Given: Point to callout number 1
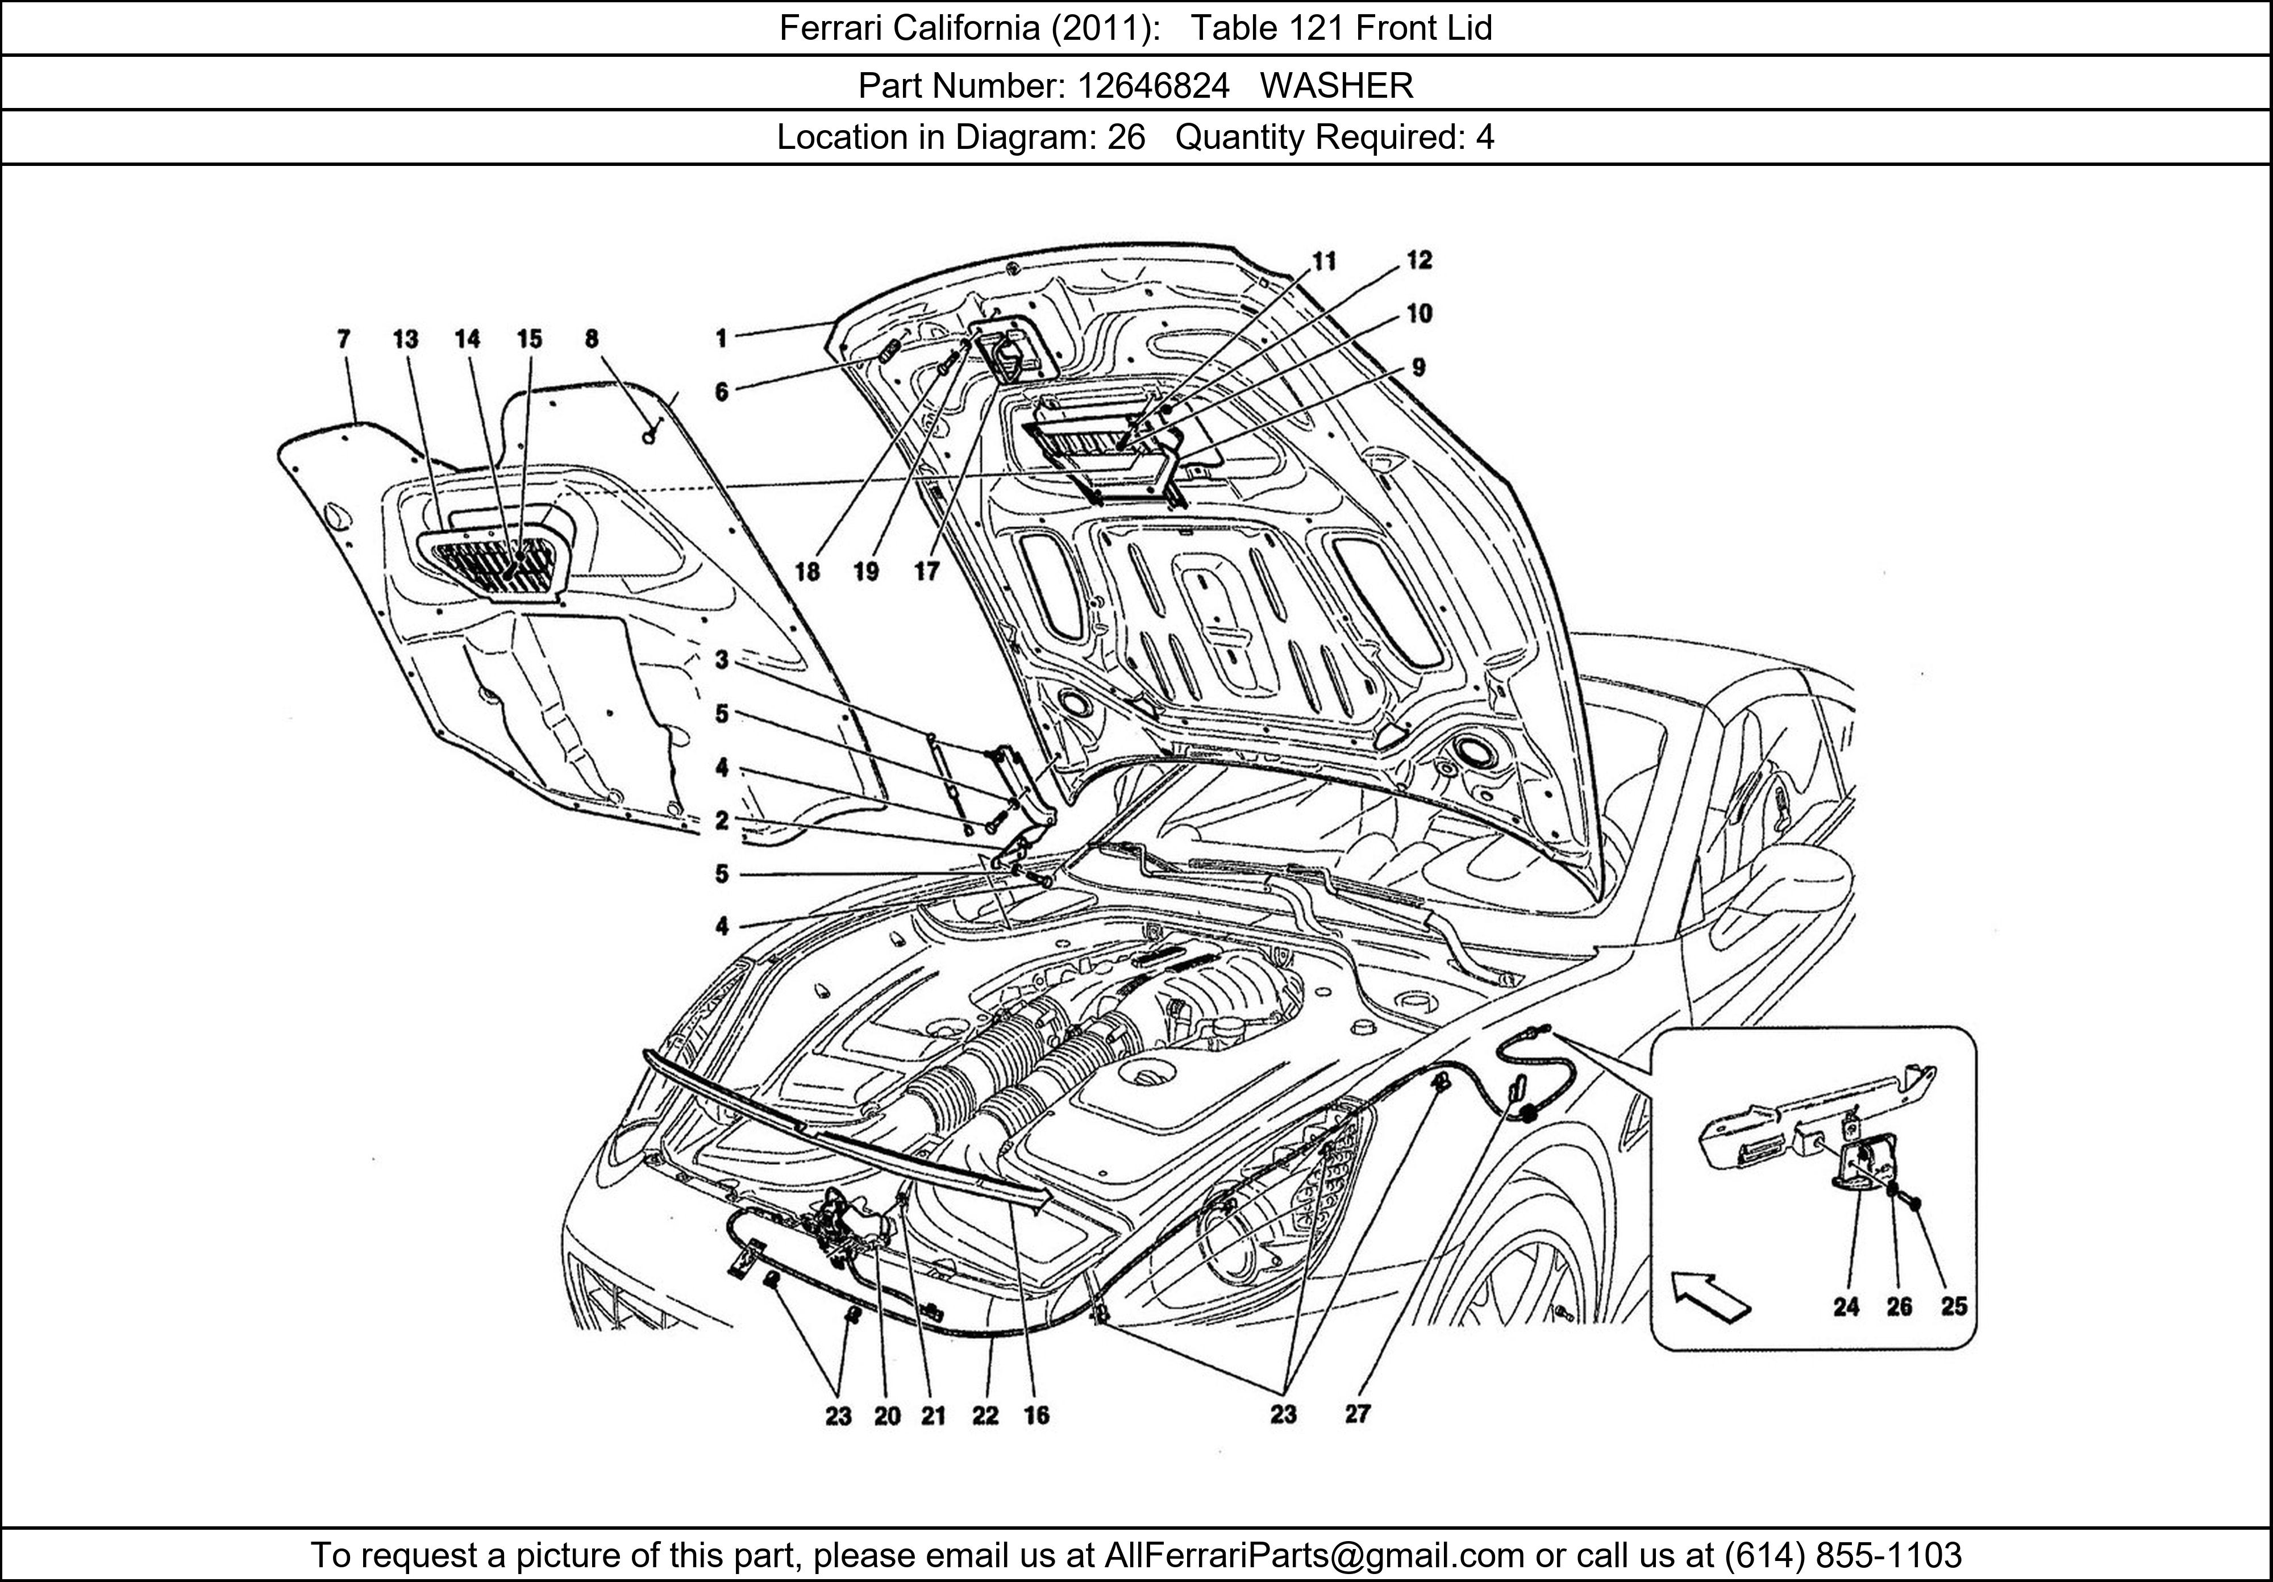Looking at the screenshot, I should pyautogui.click(x=722, y=339).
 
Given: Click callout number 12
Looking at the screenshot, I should pyautogui.click(x=1419, y=260).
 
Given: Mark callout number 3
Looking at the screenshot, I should pyautogui.click(x=722, y=659).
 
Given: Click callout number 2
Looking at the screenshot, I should pyautogui.click(x=722, y=821).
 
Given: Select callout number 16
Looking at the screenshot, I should pyautogui.click(x=1036, y=1416).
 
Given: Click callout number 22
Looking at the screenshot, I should pyautogui.click(x=985, y=1416).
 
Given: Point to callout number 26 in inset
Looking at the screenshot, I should pyautogui.click(x=1899, y=1307).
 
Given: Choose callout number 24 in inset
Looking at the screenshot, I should pyautogui.click(x=1845, y=1307).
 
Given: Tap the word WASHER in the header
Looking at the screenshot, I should pyautogui.click(x=1337, y=86).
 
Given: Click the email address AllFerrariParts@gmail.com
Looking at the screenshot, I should pyautogui.click(x=1314, y=1555).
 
